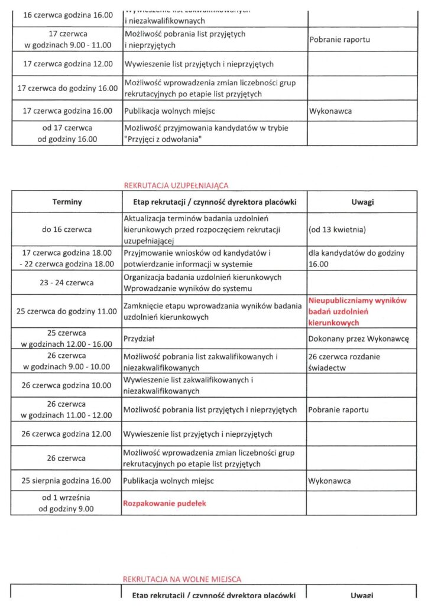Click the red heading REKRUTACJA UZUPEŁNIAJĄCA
(x=176, y=186)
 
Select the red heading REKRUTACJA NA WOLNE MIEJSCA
(x=182, y=579)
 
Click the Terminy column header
(x=67, y=202)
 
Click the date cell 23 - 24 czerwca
(x=67, y=283)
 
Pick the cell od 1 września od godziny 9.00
(x=67, y=503)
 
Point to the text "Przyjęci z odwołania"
(x=165, y=139)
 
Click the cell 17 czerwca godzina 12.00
(x=67, y=64)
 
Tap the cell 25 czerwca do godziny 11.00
(x=67, y=311)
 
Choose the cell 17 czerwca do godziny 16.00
(x=67, y=88)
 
